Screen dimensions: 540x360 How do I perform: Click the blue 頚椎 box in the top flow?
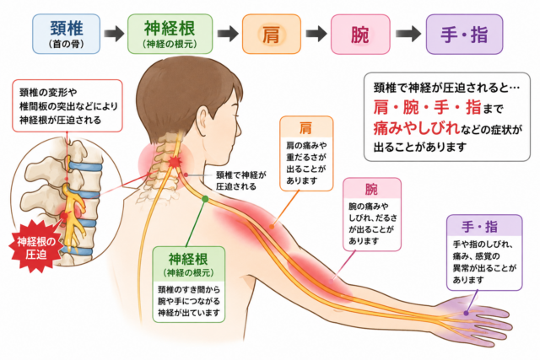click(x=67, y=34)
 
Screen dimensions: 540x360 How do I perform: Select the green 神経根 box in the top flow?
click(x=170, y=34)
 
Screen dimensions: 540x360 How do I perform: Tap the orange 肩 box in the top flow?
click(x=272, y=34)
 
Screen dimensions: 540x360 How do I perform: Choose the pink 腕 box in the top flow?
click(x=360, y=34)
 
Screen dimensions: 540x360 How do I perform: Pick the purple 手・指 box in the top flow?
click(x=464, y=34)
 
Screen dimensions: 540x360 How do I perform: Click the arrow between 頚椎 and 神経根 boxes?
click(x=114, y=34)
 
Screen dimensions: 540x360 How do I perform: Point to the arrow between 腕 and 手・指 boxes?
click(x=408, y=34)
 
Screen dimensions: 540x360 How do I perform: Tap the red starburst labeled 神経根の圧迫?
click(x=36, y=247)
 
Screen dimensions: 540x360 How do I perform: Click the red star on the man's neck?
click(x=175, y=161)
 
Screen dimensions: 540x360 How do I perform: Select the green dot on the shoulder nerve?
click(x=205, y=199)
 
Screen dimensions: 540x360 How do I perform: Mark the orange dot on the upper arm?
click(x=272, y=227)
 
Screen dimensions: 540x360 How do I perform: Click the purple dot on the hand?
click(x=466, y=314)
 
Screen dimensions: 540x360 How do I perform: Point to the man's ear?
click(x=201, y=120)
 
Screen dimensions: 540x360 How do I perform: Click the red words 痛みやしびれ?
click(x=417, y=128)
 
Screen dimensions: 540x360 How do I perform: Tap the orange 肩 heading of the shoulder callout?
click(x=306, y=128)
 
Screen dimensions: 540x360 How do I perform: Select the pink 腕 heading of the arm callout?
click(x=372, y=190)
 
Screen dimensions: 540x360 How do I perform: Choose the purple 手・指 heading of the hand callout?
click(x=480, y=227)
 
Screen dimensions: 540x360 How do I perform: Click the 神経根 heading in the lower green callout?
click(x=188, y=259)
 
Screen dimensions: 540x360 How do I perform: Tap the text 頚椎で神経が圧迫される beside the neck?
click(x=241, y=180)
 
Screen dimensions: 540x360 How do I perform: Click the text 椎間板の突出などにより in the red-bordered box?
click(x=68, y=106)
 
